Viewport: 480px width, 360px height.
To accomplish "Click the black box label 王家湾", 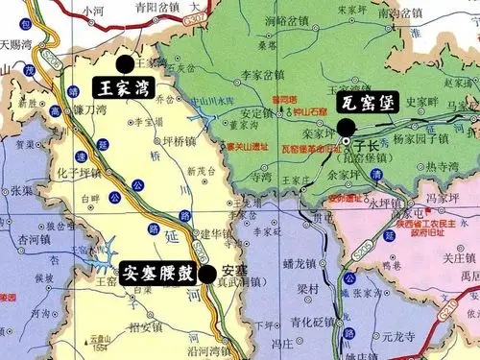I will (x=129, y=86).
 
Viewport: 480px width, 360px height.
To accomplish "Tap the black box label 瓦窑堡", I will (x=365, y=103).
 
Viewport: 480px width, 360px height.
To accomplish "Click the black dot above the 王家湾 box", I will (x=125, y=63).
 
